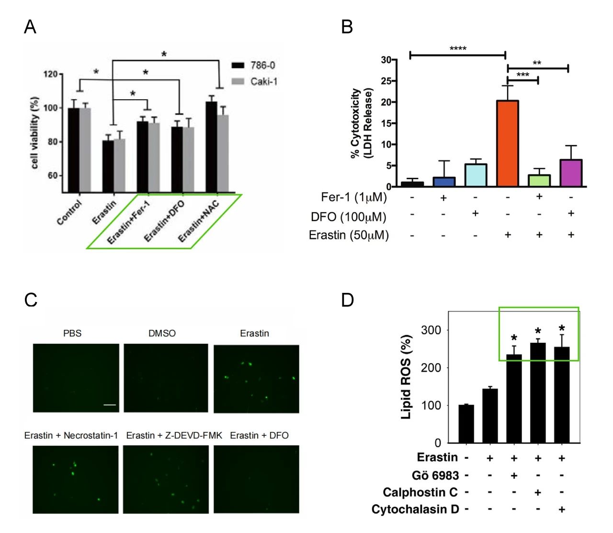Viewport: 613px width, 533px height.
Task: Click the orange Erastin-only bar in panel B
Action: click(x=508, y=143)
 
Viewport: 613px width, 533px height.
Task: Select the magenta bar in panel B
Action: click(x=571, y=173)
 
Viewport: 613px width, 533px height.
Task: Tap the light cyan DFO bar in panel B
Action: click(x=476, y=175)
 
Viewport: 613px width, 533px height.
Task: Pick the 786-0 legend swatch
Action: click(x=238, y=66)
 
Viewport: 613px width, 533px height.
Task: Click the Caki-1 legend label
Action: click(x=263, y=81)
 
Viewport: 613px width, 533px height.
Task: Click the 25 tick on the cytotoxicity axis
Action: click(x=386, y=81)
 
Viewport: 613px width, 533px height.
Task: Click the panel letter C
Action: click(x=31, y=300)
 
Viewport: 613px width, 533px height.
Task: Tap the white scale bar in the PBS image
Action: click(x=110, y=405)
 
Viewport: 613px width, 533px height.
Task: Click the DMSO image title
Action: click(x=162, y=333)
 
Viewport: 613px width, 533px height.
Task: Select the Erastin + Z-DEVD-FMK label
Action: click(x=174, y=435)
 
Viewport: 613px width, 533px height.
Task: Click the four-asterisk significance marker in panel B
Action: click(x=458, y=49)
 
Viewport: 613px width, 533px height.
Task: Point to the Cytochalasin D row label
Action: click(x=415, y=509)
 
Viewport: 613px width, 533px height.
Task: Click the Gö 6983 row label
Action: click(x=435, y=475)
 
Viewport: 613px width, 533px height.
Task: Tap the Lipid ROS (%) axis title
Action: click(x=406, y=377)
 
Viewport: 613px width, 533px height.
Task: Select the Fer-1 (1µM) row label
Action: click(x=353, y=197)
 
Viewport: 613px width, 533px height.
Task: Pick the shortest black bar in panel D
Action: click(x=466, y=424)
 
